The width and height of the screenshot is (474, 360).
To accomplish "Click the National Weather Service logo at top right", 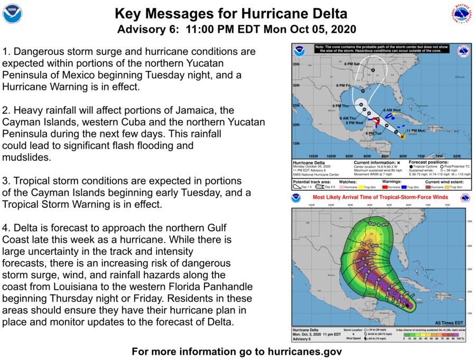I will click(461, 14).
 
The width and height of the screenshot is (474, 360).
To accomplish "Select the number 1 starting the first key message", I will click(5, 52).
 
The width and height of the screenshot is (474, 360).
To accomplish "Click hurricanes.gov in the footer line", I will click(298, 351).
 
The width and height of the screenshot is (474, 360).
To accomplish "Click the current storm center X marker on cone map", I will click(403, 137).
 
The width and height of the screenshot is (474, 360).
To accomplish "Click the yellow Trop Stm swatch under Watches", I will click(359, 187).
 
